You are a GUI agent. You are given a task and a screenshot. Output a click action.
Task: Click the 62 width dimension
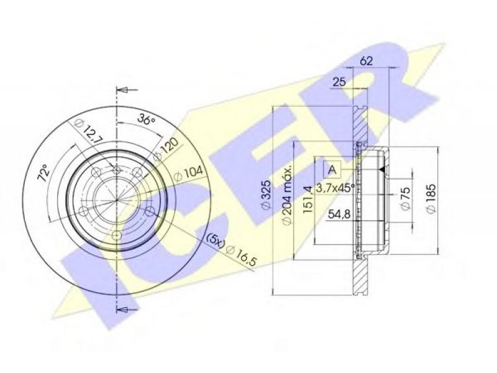point(366,61)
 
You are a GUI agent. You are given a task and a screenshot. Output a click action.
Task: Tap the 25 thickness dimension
point(339,82)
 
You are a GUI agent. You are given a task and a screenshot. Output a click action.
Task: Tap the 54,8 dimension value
point(339,214)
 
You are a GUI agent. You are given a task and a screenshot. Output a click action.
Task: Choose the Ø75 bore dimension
point(406,198)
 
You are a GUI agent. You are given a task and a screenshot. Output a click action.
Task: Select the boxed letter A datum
point(332,169)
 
